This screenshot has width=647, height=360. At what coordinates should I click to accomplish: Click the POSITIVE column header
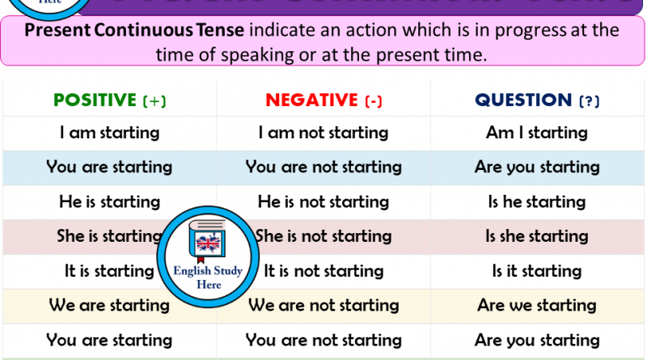(x=95, y=100)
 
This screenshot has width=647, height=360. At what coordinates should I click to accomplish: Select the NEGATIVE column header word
(x=311, y=100)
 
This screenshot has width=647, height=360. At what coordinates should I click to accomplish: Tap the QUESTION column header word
(x=523, y=100)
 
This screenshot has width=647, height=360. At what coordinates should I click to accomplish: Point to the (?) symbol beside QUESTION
(x=590, y=101)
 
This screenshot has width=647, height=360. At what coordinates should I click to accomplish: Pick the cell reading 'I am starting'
(x=109, y=132)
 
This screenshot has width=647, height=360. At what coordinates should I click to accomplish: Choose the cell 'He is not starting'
(x=323, y=201)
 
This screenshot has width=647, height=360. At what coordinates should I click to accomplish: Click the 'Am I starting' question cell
(x=537, y=132)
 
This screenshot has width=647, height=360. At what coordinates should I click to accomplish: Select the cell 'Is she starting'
(x=537, y=236)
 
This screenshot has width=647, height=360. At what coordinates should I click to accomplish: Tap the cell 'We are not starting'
(x=323, y=305)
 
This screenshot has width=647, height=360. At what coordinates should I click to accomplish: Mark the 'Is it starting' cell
(x=537, y=271)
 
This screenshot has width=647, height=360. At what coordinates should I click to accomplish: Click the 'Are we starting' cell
(x=537, y=305)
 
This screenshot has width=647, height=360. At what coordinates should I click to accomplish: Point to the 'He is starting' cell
(x=109, y=201)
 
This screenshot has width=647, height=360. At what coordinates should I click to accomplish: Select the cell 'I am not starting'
(x=323, y=132)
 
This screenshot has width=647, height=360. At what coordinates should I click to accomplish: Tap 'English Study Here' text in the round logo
(x=208, y=277)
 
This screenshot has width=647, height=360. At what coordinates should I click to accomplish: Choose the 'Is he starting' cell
(x=537, y=201)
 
